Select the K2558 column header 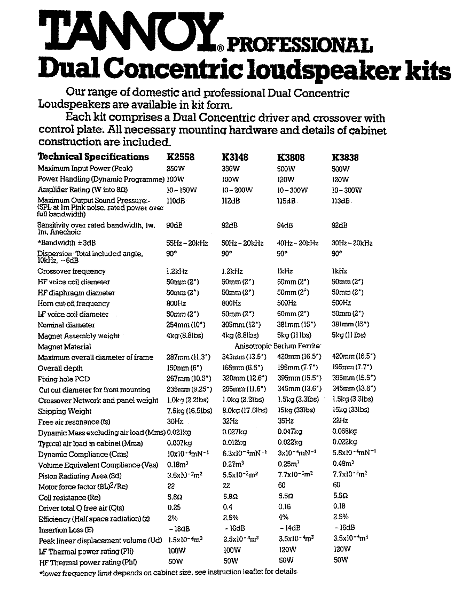tap(180, 157)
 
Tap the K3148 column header tap(235, 157)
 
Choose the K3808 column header tap(291, 157)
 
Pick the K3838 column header tap(345, 157)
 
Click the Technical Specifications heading tap(93, 157)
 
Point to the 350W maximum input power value tap(230, 169)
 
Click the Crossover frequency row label tap(72, 271)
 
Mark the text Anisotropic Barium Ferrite tap(281, 346)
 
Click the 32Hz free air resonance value tap(230, 421)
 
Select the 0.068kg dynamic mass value tap(344, 432)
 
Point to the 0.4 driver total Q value tap(226, 507)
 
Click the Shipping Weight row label tap(65, 411)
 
